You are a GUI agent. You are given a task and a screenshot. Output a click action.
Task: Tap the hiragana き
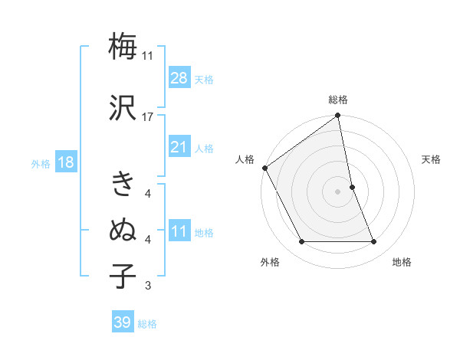coord(123,184)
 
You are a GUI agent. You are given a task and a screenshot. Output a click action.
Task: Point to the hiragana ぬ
coord(123,230)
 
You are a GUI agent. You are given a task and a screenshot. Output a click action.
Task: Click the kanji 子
coord(123,276)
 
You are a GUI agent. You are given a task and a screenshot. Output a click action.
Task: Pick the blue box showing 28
coord(179,78)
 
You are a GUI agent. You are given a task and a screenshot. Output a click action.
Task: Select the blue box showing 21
coord(179,147)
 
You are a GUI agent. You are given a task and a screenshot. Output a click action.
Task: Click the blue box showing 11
coord(179,232)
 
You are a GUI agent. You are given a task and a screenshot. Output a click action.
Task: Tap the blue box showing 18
coord(65,162)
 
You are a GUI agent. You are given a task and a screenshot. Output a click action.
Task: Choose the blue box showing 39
coord(122,322)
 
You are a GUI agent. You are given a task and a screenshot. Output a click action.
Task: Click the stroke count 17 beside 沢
coord(148,116)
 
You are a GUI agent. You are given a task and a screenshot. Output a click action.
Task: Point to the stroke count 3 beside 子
coord(148,286)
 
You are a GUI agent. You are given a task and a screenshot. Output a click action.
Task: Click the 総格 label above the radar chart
coord(338,100)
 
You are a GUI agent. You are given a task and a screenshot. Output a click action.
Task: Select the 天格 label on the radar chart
coord(432,159)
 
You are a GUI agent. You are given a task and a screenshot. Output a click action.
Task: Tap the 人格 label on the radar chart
coord(245,159)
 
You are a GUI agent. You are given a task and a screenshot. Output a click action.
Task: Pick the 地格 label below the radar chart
coord(402,262)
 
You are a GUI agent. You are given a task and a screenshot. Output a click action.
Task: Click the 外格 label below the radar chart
coord(270,262)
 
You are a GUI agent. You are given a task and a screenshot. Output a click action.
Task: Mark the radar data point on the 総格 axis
coord(338,116)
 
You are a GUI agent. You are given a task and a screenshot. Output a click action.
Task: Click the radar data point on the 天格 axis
coord(352,187)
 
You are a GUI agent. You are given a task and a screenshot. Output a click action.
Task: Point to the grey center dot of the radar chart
coord(338,191)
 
